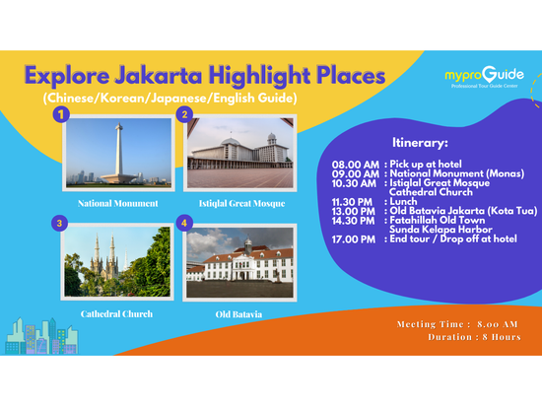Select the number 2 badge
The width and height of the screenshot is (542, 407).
click(x=183, y=115)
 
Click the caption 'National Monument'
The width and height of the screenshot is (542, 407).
click(x=118, y=203)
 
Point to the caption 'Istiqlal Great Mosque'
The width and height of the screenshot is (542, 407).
click(x=240, y=203)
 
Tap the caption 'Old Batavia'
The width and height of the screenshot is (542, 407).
click(x=239, y=314)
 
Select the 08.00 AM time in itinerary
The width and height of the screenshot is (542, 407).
click(x=355, y=165)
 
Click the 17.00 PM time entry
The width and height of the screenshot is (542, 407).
click(x=355, y=237)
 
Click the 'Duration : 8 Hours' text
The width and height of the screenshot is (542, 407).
click(x=472, y=336)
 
